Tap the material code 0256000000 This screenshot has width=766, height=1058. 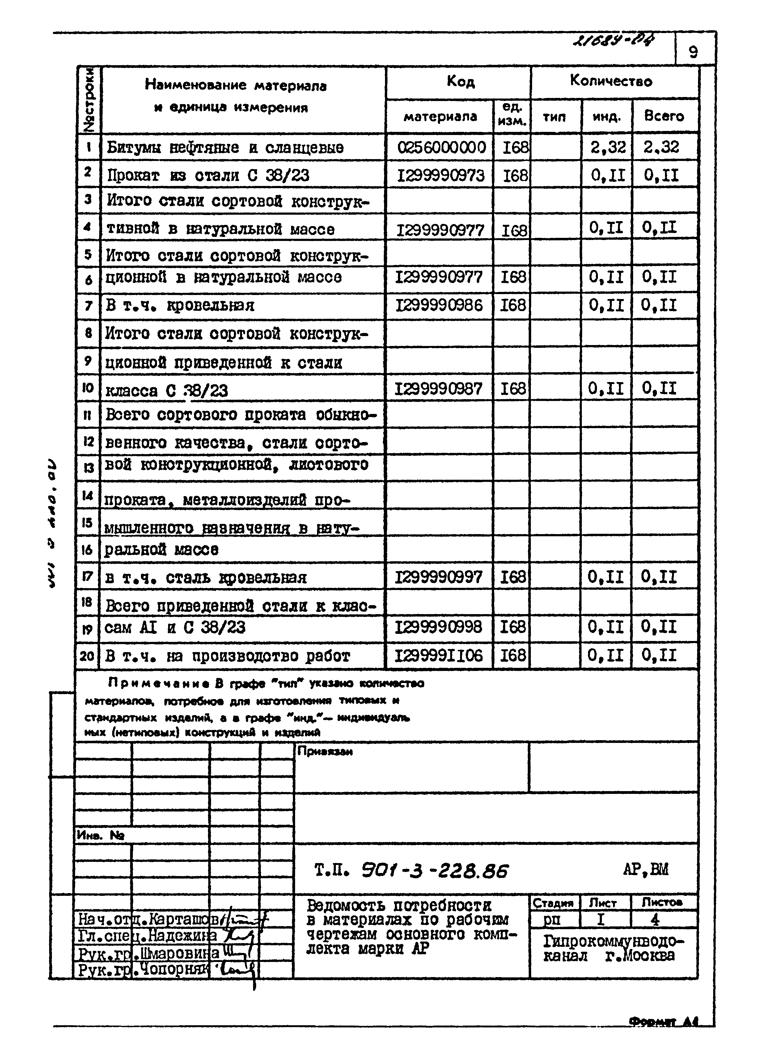tap(441, 147)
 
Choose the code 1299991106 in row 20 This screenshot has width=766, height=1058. tap(438, 656)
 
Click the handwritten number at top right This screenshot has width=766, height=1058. tap(612, 43)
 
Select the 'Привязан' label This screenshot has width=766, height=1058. tap(325, 752)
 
